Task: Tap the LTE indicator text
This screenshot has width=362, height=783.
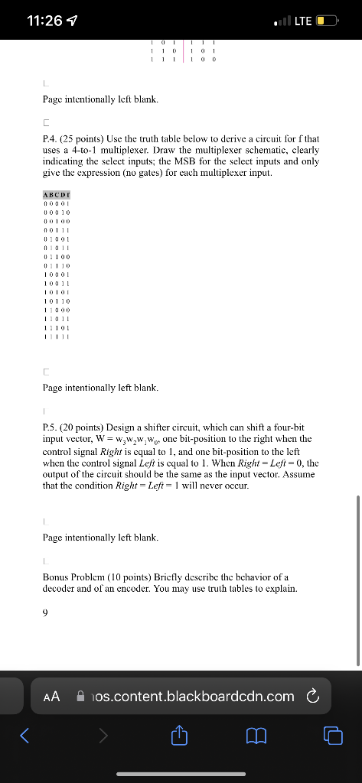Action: (304, 21)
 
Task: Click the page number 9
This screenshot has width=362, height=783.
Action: (45, 611)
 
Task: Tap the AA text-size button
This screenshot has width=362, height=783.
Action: (52, 696)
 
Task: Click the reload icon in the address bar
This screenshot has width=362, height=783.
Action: (311, 696)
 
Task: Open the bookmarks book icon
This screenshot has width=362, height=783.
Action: (256, 736)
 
